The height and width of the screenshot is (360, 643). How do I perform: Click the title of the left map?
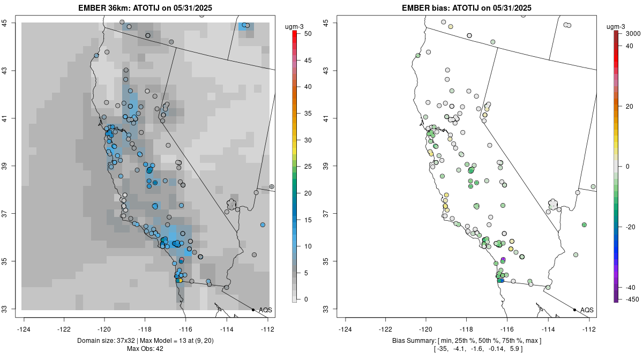[145, 7]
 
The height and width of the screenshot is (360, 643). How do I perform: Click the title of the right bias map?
[467, 7]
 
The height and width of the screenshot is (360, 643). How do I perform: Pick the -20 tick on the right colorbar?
[630, 227]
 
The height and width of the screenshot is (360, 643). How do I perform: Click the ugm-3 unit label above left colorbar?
[294, 26]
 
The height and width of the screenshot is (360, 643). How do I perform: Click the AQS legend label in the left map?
[265, 310]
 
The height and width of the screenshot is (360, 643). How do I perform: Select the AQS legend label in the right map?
[587, 310]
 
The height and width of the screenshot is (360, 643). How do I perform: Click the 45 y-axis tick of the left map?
[11, 22]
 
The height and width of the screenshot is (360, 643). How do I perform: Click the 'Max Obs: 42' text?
[145, 349]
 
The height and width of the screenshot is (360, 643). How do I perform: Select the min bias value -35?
[442, 349]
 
